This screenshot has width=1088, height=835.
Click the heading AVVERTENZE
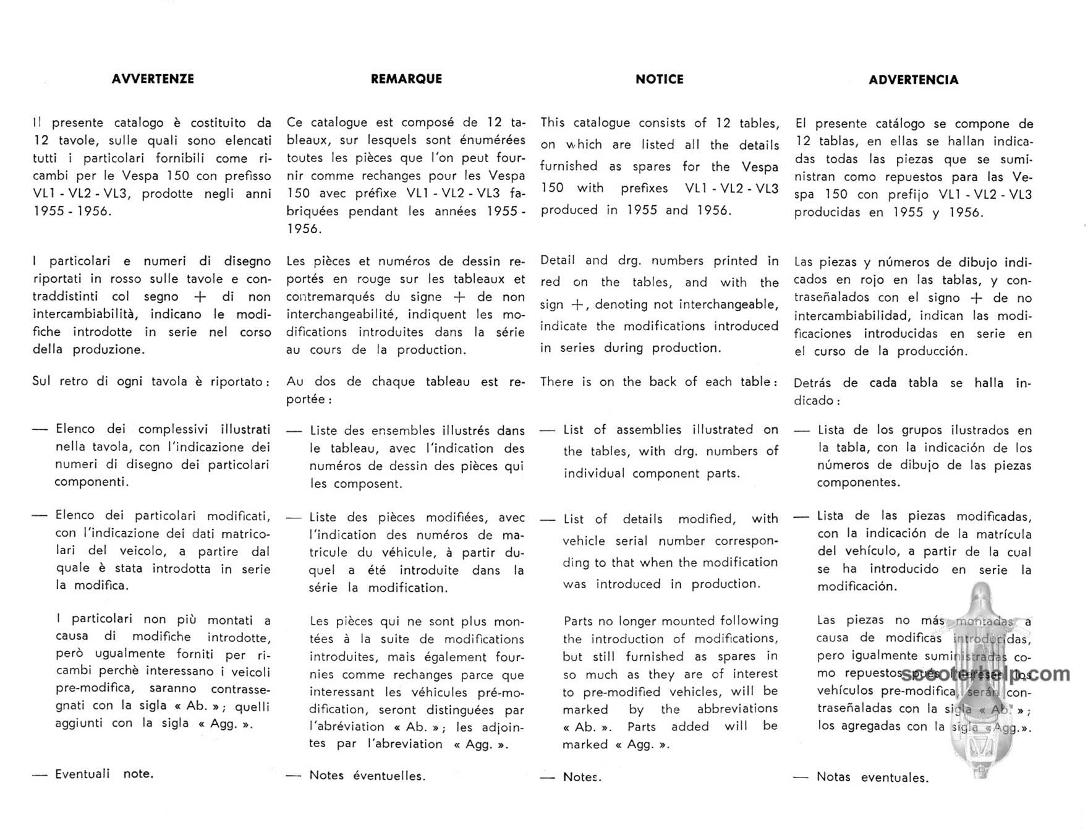click(x=153, y=79)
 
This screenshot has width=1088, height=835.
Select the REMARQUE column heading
click(x=406, y=79)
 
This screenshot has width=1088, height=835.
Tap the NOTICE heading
click(x=659, y=80)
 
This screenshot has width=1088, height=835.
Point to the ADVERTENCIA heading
click(x=913, y=80)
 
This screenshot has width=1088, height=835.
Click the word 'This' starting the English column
click(x=552, y=122)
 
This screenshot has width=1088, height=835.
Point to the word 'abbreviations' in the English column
click(x=737, y=709)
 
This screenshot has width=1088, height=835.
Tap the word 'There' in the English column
click(x=557, y=382)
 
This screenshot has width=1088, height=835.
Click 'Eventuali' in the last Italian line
click(x=82, y=774)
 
